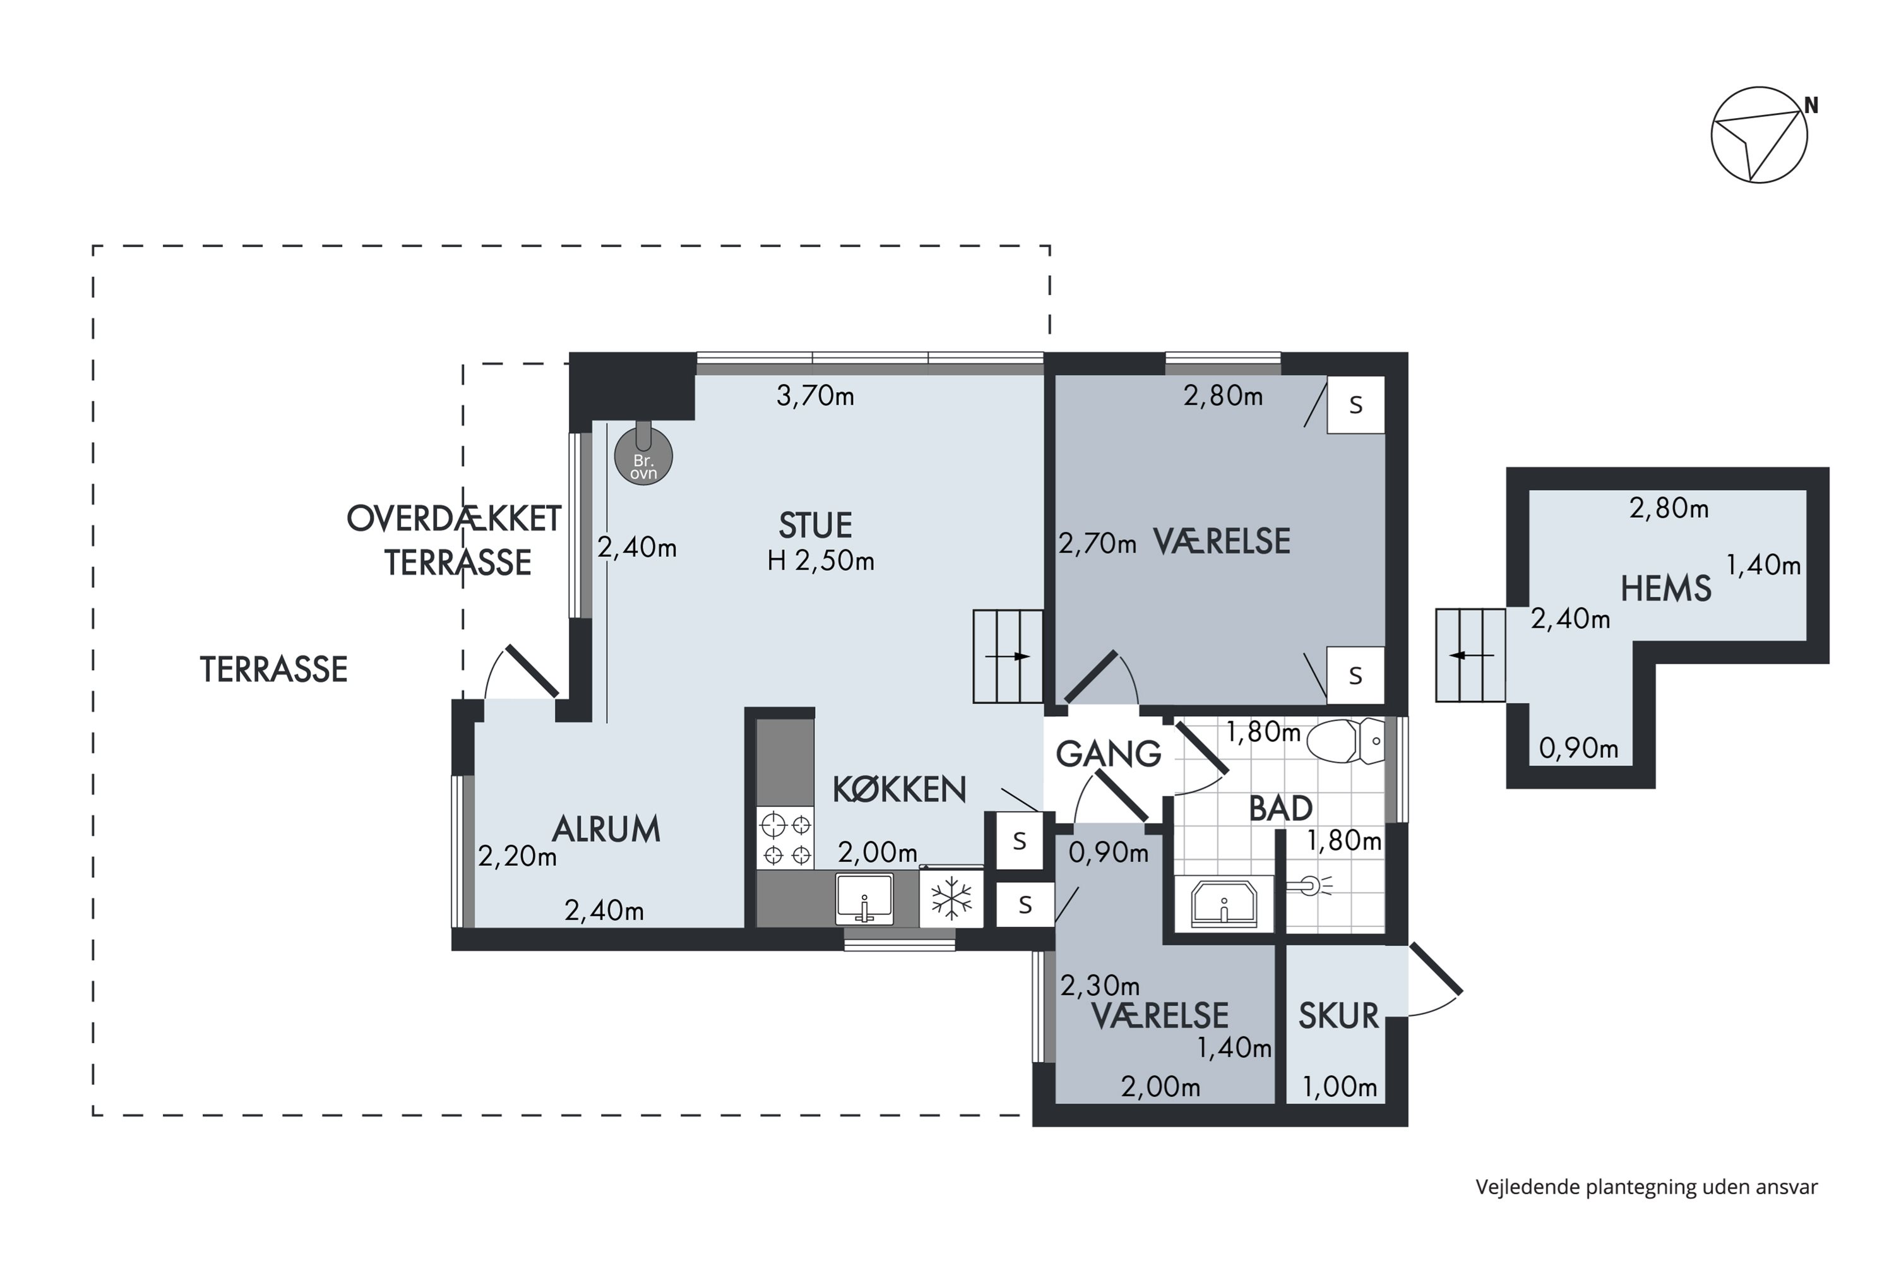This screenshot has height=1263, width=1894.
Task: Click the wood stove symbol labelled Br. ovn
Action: pyautogui.click(x=643, y=455)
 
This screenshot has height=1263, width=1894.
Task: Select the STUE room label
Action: pyautogui.click(x=815, y=526)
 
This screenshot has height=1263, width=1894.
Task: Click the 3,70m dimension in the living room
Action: pyautogui.click(x=815, y=397)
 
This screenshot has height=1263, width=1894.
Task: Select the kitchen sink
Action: pyautogui.click(x=864, y=898)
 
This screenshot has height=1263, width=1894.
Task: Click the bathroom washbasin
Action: pyautogui.click(x=1224, y=903)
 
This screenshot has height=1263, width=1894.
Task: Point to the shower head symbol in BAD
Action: pyautogui.click(x=1309, y=886)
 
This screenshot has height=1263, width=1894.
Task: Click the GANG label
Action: pyautogui.click(x=1108, y=755)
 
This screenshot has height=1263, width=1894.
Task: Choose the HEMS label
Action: pyautogui.click(x=1665, y=589)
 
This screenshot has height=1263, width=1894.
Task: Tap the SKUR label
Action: pyautogui.click(x=1338, y=1017)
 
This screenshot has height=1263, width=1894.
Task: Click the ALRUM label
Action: pyautogui.click(x=606, y=829)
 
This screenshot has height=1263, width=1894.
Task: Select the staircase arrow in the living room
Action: pyautogui.click(x=1008, y=657)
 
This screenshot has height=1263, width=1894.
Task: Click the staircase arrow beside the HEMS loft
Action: pyautogui.click(x=1471, y=655)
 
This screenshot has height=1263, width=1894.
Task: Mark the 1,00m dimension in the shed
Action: pyautogui.click(x=1340, y=1087)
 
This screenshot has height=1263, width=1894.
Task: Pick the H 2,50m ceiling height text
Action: pyautogui.click(x=821, y=561)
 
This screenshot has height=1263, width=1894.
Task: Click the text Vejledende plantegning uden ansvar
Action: pyautogui.click(x=1647, y=1187)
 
